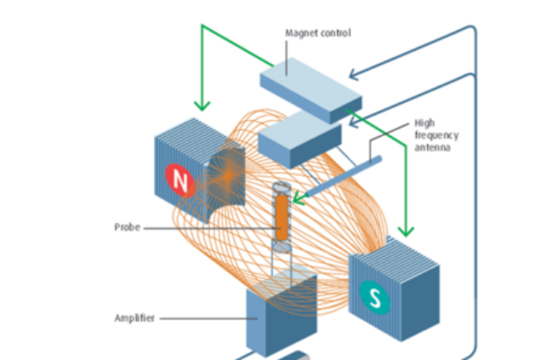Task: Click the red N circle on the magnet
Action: pyautogui.click(x=180, y=180)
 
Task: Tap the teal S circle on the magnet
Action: pyautogui.click(x=374, y=297)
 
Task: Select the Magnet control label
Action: pyautogui.click(x=318, y=33)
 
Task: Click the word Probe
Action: pyautogui.click(x=128, y=227)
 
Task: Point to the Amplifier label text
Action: pyautogui.click(x=134, y=318)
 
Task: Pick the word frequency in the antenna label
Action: pyautogui.click(x=436, y=135)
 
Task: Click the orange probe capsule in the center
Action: pyautogui.click(x=281, y=217)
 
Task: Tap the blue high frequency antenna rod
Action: pyautogui.click(x=344, y=176)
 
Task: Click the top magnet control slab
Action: pyautogui.click(x=311, y=90)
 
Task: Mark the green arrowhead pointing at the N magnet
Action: pyautogui.click(x=202, y=105)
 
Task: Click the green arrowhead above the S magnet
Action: pyautogui.click(x=406, y=231)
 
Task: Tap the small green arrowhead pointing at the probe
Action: pyautogui.click(x=298, y=199)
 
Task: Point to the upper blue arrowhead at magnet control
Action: pyautogui.click(x=353, y=74)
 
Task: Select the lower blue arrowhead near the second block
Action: pyautogui.click(x=353, y=122)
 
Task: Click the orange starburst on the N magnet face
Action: pyautogui.click(x=227, y=177)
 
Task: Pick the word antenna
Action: pyautogui.click(x=432, y=148)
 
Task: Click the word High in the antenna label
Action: pyautogui.click(x=424, y=123)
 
